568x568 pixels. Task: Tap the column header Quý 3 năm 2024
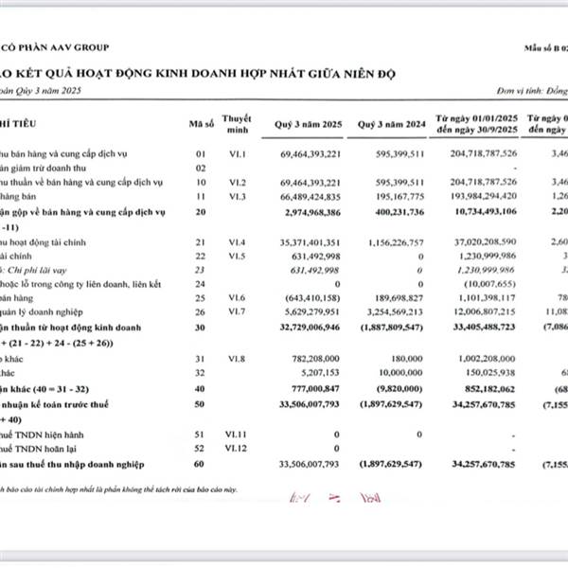[x=392, y=124]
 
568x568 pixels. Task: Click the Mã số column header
[x=198, y=124]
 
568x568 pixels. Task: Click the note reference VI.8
[x=237, y=359]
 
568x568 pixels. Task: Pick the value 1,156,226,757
[x=393, y=243]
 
